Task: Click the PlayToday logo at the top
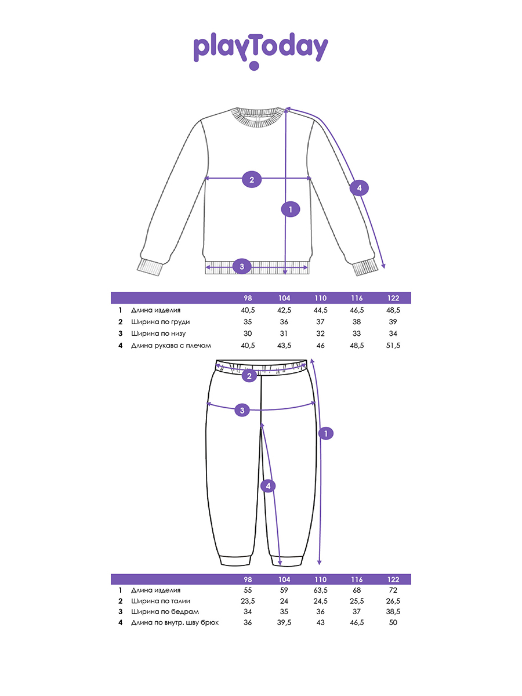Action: point(260,50)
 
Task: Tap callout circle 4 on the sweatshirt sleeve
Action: point(359,188)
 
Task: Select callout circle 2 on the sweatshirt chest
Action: point(251,179)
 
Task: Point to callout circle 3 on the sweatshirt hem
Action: point(242,267)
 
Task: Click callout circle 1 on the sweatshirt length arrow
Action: point(290,209)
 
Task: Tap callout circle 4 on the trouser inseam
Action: point(268,486)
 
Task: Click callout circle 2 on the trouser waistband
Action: point(249,376)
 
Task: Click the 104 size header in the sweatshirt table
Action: point(284,298)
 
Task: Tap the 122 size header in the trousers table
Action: point(393,579)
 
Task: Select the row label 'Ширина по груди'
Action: point(160,322)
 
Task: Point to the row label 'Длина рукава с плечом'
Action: point(171,345)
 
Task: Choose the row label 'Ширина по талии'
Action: point(161,601)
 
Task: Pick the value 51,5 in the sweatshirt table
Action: point(393,345)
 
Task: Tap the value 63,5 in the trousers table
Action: point(321,590)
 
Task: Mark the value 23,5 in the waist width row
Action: point(248,601)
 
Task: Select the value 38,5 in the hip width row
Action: point(393,612)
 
